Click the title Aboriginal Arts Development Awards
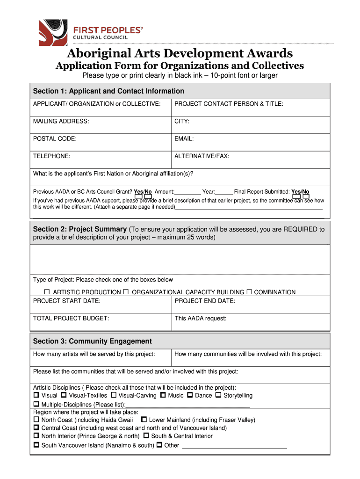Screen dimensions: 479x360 point(180,53)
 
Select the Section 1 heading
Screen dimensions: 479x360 point(108,91)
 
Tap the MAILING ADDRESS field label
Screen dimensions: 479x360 point(61,121)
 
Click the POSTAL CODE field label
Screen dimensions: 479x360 point(55,138)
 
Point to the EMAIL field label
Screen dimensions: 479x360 point(184,138)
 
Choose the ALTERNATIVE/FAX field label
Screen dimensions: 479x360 point(202,156)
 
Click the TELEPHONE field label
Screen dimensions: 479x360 point(52,156)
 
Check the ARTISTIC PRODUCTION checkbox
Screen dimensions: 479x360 point(47,292)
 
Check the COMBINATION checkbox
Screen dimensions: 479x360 point(249,292)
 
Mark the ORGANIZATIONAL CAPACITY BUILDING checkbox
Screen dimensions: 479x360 point(126,292)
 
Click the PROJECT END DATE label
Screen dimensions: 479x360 point(205,301)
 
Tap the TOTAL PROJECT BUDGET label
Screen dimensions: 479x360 point(71,318)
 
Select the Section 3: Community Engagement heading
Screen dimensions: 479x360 point(92,341)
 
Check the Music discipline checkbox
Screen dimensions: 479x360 point(163,395)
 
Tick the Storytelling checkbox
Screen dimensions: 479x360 point(218,395)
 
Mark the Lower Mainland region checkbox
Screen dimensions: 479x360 point(144,420)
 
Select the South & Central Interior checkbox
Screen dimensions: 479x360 point(146,436)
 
